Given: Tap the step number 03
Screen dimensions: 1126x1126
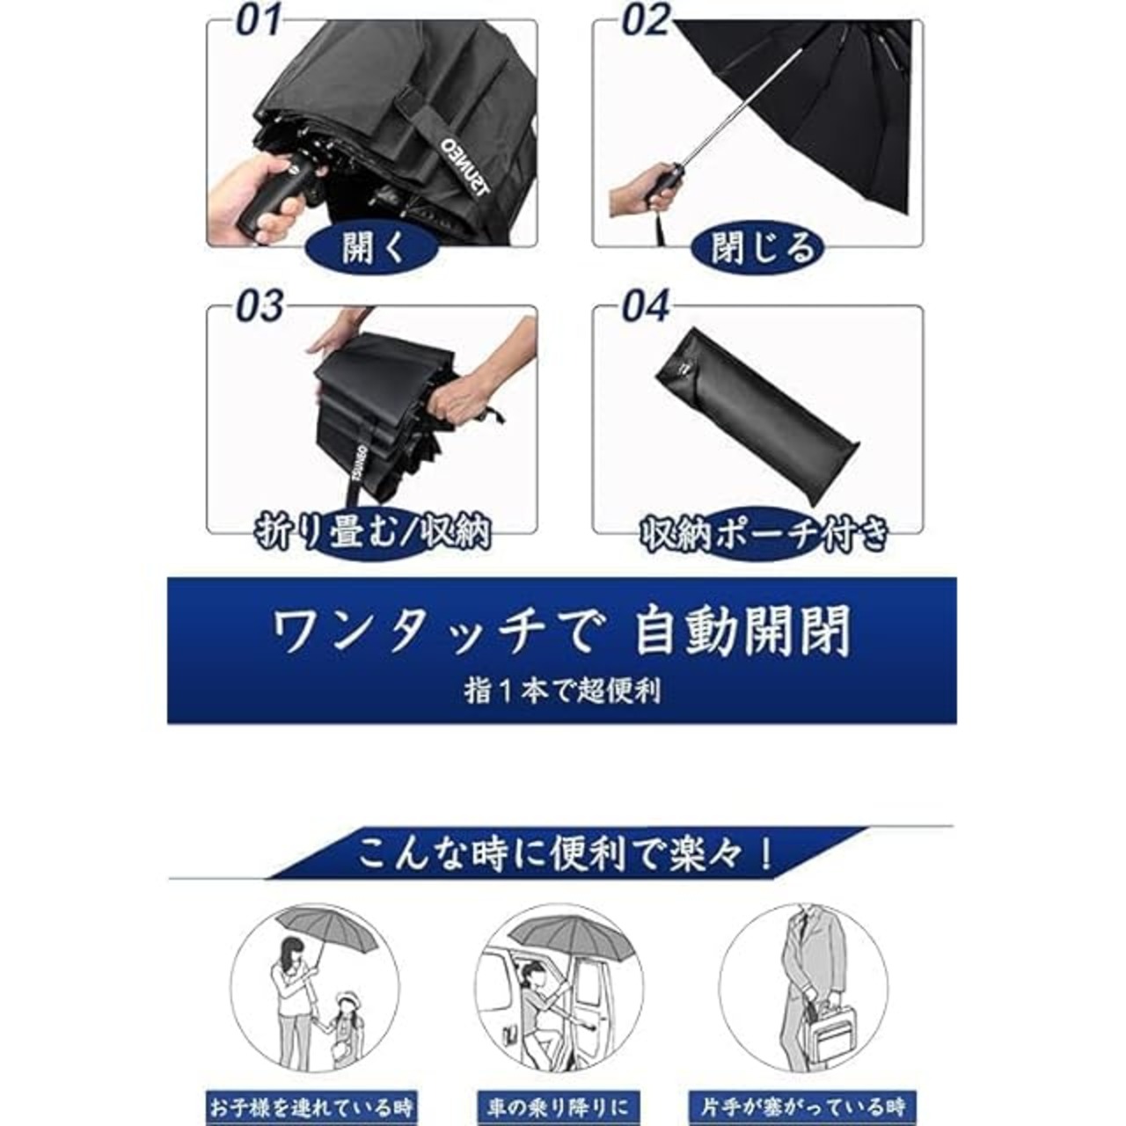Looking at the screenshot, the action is point(260,306).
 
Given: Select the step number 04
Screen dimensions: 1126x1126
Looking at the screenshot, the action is point(645,306).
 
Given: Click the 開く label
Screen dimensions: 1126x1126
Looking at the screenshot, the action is point(373,248).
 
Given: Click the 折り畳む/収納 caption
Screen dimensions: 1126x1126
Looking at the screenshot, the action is point(372,532).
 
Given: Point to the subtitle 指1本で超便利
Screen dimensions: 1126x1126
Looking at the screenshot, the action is point(562,691).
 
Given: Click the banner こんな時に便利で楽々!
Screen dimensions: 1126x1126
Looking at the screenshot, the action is point(565,854).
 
